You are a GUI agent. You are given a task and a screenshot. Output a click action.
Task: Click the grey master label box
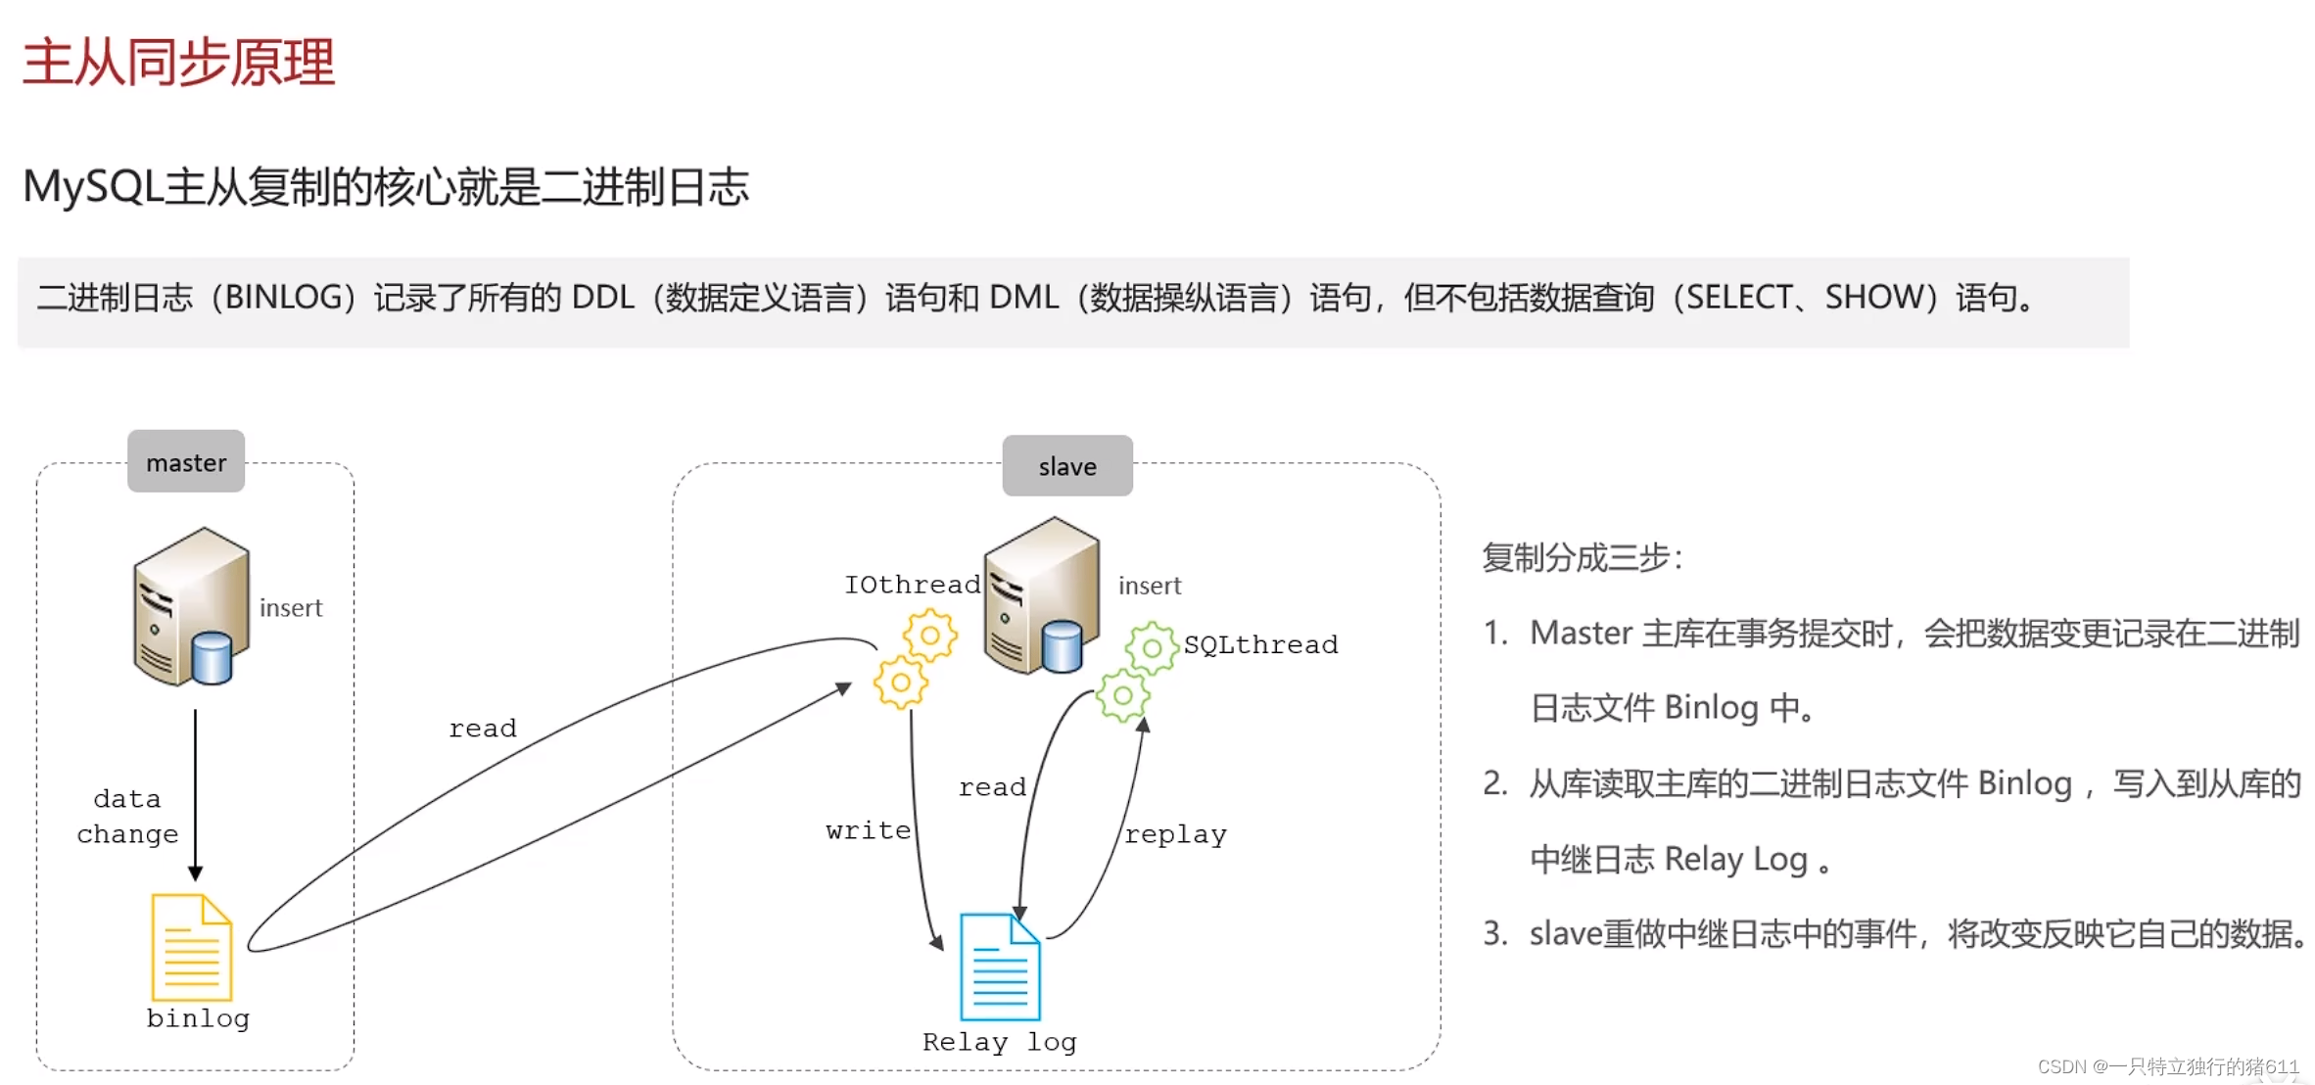point(186,461)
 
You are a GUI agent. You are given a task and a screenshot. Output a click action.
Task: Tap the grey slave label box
point(1067,466)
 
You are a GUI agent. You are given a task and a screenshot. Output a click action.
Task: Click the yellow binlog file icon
point(192,947)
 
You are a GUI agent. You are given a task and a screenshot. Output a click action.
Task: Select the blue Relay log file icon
point(1000,967)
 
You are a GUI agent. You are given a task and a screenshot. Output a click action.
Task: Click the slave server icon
point(1041,596)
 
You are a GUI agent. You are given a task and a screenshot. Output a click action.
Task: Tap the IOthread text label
point(912,585)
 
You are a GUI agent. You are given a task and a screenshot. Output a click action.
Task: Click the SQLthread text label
point(1260,644)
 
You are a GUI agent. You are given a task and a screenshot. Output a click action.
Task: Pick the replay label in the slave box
point(1175,834)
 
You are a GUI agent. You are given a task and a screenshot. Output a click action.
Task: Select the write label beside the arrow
point(868,830)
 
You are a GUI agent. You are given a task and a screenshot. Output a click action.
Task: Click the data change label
point(127,817)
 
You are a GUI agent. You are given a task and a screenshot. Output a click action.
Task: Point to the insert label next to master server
point(291,608)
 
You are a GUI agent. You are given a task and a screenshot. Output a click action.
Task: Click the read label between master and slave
point(482,729)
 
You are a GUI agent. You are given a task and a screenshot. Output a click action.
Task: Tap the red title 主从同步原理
point(179,63)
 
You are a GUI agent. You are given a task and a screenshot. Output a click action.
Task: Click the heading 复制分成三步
point(1581,558)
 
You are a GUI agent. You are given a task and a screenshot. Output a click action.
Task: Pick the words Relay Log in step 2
point(1735,859)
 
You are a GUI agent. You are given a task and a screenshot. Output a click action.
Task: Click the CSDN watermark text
point(2167,1066)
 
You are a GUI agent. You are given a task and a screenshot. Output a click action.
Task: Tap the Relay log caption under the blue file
point(999,1042)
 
